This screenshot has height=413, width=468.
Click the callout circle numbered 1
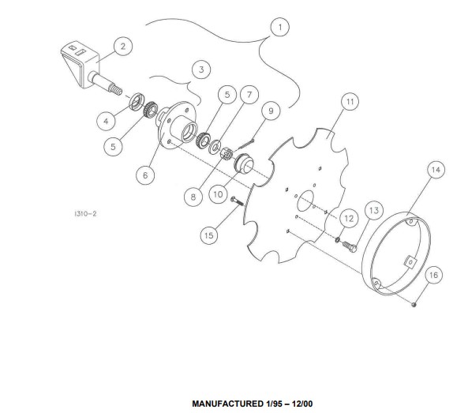[x=279, y=27]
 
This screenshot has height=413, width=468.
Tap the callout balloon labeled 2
[x=123, y=47]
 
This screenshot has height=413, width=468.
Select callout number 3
[x=201, y=69]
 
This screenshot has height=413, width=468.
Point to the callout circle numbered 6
[x=145, y=175]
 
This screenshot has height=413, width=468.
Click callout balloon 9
[x=271, y=111]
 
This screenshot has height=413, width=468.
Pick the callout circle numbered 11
[x=350, y=102]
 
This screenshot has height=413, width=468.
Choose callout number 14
[x=436, y=170]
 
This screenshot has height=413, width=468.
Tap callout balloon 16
[x=433, y=275]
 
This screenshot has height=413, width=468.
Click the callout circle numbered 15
[x=209, y=235]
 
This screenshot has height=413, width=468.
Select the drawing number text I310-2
[x=85, y=214]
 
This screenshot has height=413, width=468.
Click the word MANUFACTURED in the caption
[x=227, y=404]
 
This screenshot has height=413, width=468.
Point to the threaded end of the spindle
[x=116, y=89]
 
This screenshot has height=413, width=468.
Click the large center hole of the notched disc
[x=305, y=201]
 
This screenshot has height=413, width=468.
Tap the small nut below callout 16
[x=414, y=305]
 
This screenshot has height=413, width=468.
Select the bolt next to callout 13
[x=349, y=246]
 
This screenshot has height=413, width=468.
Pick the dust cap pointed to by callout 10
[x=244, y=163]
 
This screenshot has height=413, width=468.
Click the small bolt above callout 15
[x=237, y=201]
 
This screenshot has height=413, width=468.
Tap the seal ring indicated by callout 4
[x=137, y=102]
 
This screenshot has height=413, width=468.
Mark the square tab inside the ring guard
[x=410, y=262]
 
